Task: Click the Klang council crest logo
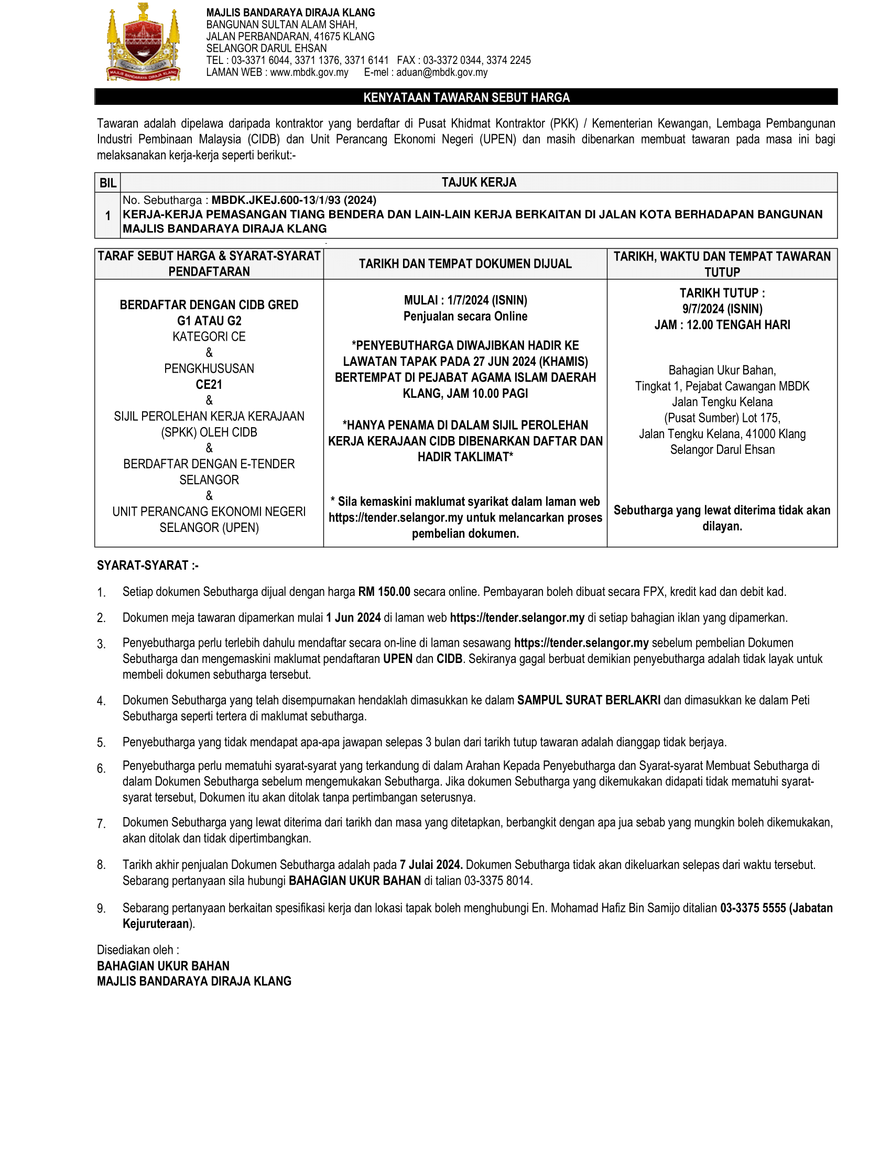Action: click(143, 42)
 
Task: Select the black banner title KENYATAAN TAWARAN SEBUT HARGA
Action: click(466, 97)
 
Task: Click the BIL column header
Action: click(107, 183)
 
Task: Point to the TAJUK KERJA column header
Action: click(479, 183)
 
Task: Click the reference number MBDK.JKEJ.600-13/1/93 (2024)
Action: click(294, 200)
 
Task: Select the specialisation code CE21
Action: click(209, 384)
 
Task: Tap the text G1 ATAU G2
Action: click(209, 321)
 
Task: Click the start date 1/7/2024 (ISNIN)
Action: click(487, 300)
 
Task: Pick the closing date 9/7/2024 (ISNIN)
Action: click(722, 309)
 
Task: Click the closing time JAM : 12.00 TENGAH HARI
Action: click(722, 325)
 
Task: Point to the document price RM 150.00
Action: click(384, 592)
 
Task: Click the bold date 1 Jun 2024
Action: click(353, 618)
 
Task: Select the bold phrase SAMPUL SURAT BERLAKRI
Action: click(589, 700)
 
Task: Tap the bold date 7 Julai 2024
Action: click(431, 865)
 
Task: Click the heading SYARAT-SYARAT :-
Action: click(148, 565)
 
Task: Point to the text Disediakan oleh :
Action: click(138, 950)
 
